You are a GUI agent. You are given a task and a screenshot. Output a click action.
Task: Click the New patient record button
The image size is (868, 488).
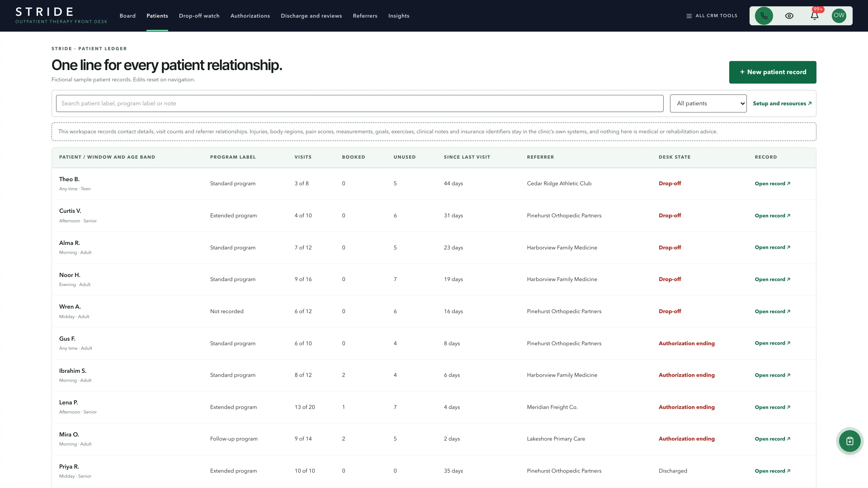[772, 72]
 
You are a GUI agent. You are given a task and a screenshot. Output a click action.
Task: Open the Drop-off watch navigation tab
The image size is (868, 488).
[199, 16]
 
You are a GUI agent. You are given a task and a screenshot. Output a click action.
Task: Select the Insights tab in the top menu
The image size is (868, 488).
[399, 16]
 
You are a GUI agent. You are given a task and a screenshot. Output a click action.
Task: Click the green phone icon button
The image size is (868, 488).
[764, 16]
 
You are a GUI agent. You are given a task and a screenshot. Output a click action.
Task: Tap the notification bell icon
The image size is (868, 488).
[814, 16]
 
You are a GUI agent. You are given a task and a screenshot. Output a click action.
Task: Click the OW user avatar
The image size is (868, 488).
[839, 16]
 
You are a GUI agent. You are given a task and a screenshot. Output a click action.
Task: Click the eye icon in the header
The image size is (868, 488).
[789, 16]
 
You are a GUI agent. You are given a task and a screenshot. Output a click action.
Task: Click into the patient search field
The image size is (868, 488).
[360, 103]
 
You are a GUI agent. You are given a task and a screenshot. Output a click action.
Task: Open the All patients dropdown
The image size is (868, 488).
[708, 103]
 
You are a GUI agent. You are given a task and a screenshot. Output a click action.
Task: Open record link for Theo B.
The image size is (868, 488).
[772, 183]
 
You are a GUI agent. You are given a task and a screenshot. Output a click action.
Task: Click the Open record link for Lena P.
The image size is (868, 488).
[772, 407]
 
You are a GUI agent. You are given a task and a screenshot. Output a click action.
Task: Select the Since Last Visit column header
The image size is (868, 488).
[467, 157]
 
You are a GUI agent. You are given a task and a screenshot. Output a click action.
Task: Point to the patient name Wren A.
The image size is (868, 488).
[70, 307]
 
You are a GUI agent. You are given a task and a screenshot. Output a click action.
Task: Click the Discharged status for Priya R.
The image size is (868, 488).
[672, 471]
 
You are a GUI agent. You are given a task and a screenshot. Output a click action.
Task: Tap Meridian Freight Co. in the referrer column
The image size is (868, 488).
[552, 407]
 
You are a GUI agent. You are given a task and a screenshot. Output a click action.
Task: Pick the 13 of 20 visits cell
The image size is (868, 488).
[305, 407]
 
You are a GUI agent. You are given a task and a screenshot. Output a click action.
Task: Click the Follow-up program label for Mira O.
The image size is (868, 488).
[234, 439]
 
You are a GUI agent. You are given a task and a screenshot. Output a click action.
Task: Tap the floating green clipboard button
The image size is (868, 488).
[849, 441]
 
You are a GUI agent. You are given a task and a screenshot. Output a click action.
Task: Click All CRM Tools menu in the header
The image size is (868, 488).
[712, 16]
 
